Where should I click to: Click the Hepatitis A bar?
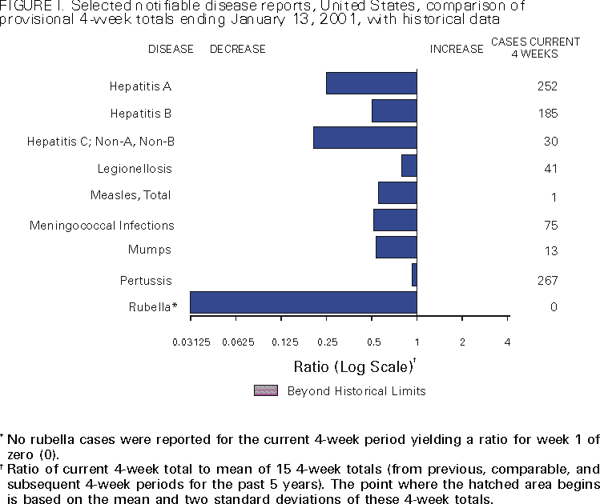tap(371, 83)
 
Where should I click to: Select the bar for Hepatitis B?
tap(394, 110)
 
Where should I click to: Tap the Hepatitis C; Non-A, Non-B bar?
tap(364, 138)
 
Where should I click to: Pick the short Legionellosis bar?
tap(409, 166)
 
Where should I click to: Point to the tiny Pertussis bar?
tap(414, 274)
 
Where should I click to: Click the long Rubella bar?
tap(303, 302)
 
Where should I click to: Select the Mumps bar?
tap(396, 247)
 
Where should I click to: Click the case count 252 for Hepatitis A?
tap(548, 86)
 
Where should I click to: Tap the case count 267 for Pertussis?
tap(548, 280)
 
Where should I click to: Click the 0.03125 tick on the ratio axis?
tap(191, 342)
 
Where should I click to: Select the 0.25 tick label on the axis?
tap(327, 342)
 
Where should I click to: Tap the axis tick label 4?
tap(508, 342)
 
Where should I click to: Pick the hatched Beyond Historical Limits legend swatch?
tap(265, 390)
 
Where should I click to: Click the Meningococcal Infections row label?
tap(102, 226)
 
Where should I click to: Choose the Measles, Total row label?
tap(131, 195)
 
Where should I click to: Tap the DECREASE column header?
tap(237, 49)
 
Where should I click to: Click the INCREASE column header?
tap(457, 49)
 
